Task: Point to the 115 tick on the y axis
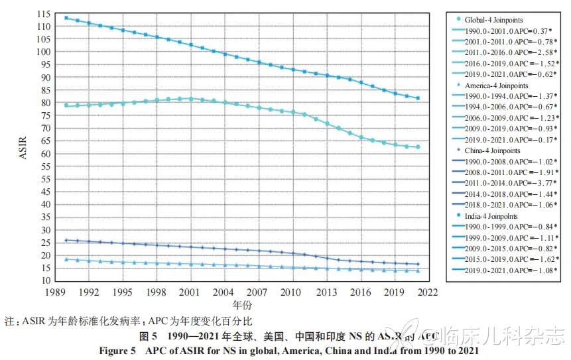(41, 14)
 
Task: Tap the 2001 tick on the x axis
(190, 292)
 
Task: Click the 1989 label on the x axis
(54, 292)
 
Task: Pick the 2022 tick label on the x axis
(428, 292)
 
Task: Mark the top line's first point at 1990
(66, 18)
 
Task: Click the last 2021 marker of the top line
(418, 98)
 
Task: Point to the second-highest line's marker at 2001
(190, 99)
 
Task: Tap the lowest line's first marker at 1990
(66, 259)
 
